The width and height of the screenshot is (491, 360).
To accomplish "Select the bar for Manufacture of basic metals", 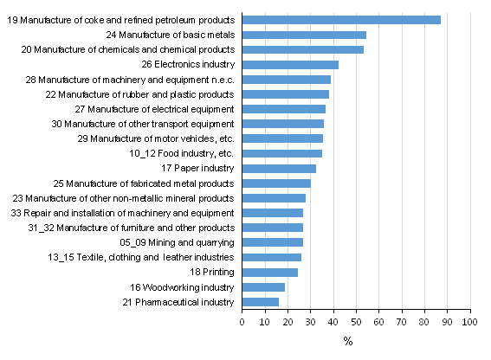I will point(304,35).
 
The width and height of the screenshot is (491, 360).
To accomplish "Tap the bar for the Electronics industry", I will point(290,65).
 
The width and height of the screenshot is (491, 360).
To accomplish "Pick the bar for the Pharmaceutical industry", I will point(260,302).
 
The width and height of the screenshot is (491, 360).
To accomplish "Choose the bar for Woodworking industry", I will point(263,287).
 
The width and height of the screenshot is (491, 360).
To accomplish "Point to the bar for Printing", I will point(269,272).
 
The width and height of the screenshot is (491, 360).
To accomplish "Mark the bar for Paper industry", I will point(279,169).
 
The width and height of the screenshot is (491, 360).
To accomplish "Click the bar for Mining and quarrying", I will point(272,242).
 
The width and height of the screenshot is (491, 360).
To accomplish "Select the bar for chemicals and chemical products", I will point(302,49).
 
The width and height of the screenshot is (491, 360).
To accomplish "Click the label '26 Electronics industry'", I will point(188,65).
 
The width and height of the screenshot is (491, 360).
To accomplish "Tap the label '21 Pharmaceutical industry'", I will point(176,302).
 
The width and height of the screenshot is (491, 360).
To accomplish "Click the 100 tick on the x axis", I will point(470,322).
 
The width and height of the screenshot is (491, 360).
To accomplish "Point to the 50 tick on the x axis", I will point(356,322).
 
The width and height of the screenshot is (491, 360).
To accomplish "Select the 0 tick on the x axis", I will point(242,322).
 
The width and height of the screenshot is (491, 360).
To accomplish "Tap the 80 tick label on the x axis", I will point(424,322).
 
